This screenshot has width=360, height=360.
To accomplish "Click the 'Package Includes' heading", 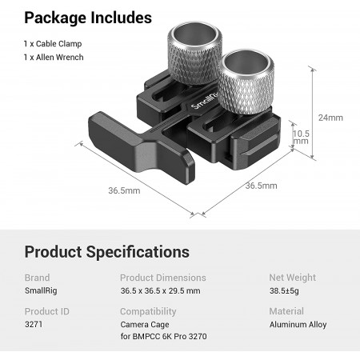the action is click(x=88, y=18).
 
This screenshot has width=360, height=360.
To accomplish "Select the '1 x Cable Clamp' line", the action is click(x=53, y=44).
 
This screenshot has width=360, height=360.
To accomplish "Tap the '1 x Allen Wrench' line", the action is click(x=54, y=57).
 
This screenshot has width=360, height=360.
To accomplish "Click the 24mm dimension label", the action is click(x=330, y=118).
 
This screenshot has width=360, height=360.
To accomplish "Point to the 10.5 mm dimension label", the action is click(x=301, y=137).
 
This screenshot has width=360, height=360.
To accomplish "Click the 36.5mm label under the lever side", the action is click(x=124, y=190).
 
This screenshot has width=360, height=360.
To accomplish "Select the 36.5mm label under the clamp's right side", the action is click(x=262, y=186).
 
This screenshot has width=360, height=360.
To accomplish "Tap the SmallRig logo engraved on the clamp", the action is click(x=205, y=101).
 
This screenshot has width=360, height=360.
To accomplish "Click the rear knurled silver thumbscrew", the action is click(x=194, y=54).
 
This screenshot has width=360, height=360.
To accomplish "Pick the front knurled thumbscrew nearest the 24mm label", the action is click(x=246, y=82).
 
